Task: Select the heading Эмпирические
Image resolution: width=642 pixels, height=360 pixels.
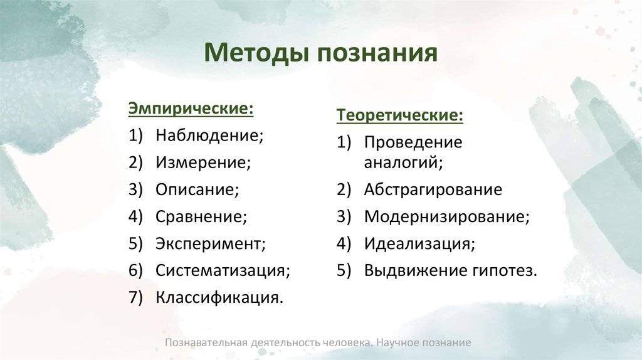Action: [191, 109]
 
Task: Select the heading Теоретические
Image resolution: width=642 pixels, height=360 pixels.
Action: [401, 116]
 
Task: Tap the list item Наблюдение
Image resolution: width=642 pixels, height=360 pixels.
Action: [209, 135]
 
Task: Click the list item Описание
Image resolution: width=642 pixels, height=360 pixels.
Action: [197, 189]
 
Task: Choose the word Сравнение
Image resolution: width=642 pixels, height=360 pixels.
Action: [201, 216]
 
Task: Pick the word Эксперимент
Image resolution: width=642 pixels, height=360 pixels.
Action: [211, 243]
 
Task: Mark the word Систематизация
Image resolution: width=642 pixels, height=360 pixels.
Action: [223, 270]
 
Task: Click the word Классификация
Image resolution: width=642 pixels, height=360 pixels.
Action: [219, 297]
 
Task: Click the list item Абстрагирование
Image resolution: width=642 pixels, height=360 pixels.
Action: [433, 189]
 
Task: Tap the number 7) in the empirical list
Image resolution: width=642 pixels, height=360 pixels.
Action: [137, 297]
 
